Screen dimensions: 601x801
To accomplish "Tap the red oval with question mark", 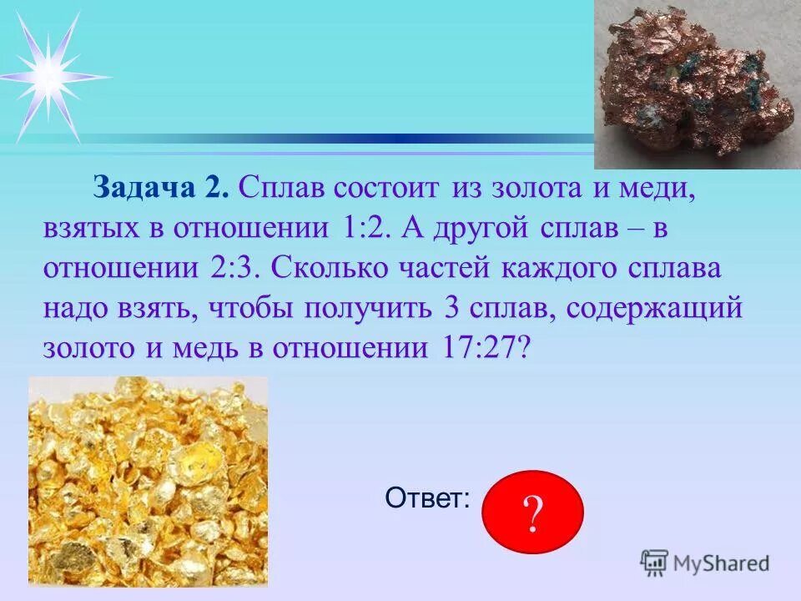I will pyautogui.click(x=533, y=511).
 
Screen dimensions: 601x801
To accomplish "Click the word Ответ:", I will pyautogui.click(x=427, y=498).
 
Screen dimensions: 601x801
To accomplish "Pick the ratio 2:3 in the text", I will pyautogui.click(x=236, y=269).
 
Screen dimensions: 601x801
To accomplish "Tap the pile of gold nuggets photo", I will pyautogui.click(x=149, y=480).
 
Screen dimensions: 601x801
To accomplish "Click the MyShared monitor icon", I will pyautogui.click(x=654, y=563).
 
